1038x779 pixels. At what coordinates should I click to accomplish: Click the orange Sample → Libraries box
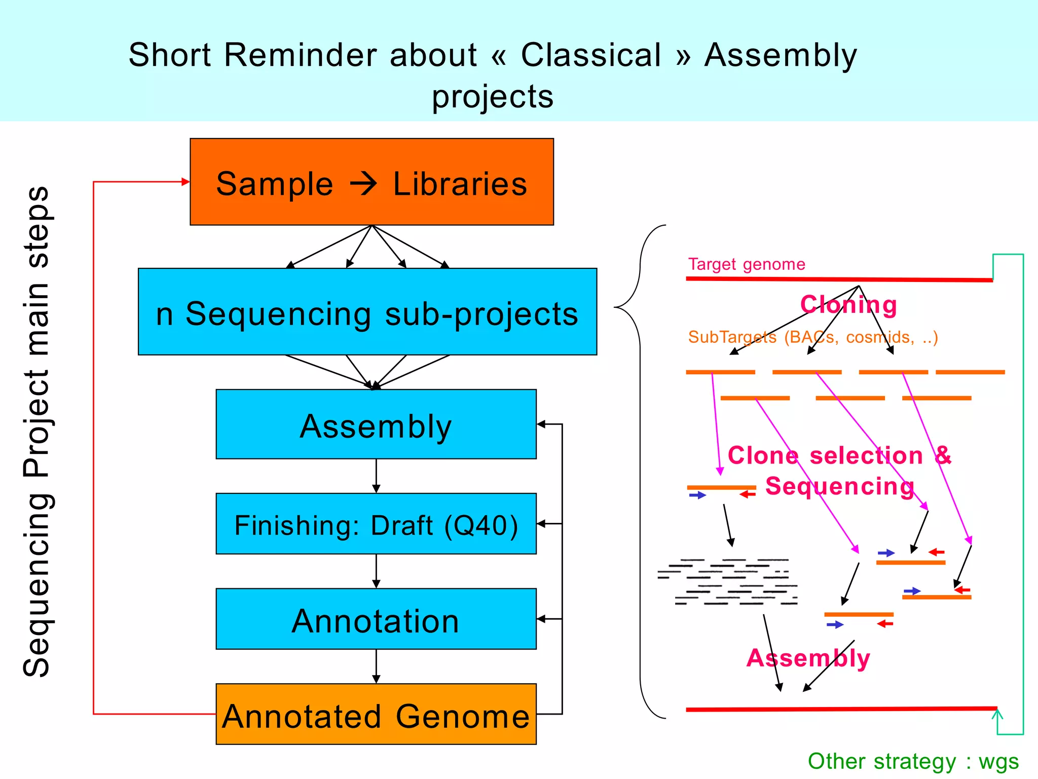point(372,182)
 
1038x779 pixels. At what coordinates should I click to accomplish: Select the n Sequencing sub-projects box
point(367,311)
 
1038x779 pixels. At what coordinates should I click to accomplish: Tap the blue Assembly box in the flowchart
point(376,424)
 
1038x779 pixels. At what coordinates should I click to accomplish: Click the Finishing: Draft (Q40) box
point(376,523)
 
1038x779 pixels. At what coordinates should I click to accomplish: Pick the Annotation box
point(376,619)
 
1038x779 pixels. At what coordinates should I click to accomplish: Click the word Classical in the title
point(591,55)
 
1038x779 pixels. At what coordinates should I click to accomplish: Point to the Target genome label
point(746,264)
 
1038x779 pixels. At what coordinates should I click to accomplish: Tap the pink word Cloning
point(848,305)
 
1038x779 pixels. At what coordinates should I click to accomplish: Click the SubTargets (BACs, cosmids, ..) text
point(813,337)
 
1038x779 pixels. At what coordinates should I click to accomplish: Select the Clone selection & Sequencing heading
point(839,470)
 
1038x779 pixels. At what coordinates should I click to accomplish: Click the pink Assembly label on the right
point(808,658)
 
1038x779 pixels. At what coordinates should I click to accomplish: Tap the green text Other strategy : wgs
point(913,761)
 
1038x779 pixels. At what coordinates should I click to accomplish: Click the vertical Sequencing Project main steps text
point(36,431)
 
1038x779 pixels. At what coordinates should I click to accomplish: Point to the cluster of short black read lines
point(727,582)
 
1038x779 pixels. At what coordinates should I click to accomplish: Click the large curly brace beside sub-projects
point(640,472)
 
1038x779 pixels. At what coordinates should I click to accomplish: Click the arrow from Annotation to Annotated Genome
point(376,666)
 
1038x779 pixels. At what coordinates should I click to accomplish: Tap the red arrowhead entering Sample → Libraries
point(186,182)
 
